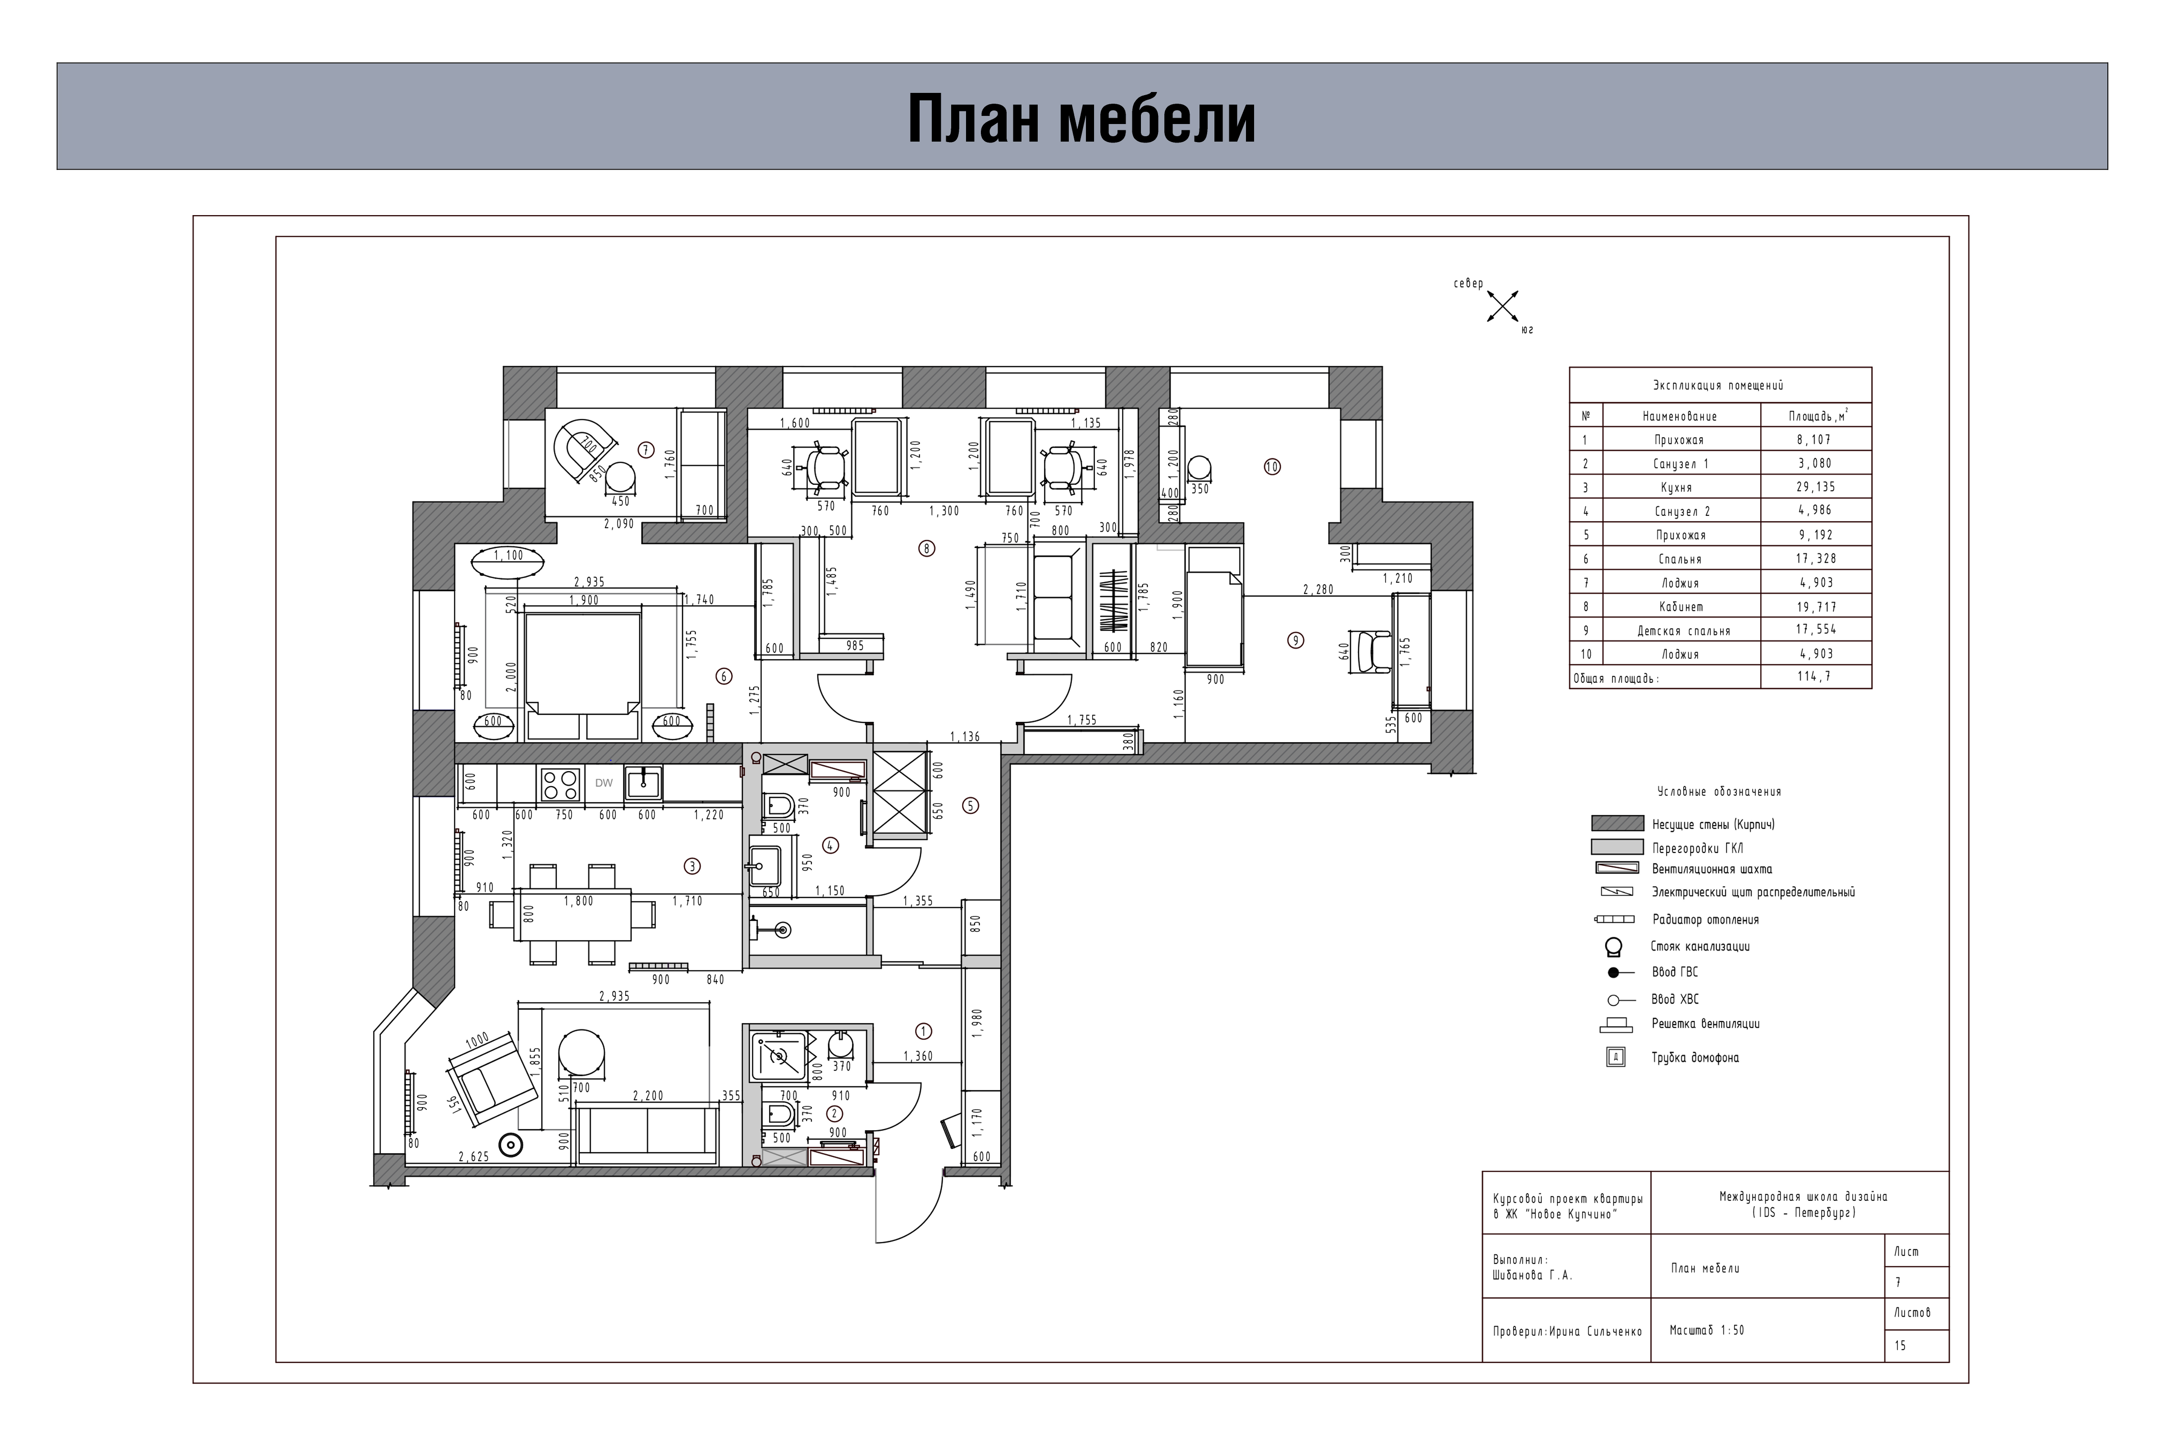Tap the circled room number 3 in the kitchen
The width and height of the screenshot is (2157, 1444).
(692, 866)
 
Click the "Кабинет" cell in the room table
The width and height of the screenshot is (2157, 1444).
(1681, 607)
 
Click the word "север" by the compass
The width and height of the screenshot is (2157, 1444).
(1468, 284)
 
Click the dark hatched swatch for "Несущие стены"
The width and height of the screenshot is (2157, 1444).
(1617, 823)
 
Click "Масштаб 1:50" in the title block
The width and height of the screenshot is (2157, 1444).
(1707, 1331)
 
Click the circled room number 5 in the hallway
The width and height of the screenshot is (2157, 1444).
(971, 805)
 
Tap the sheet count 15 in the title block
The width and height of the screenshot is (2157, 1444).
(1900, 1345)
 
